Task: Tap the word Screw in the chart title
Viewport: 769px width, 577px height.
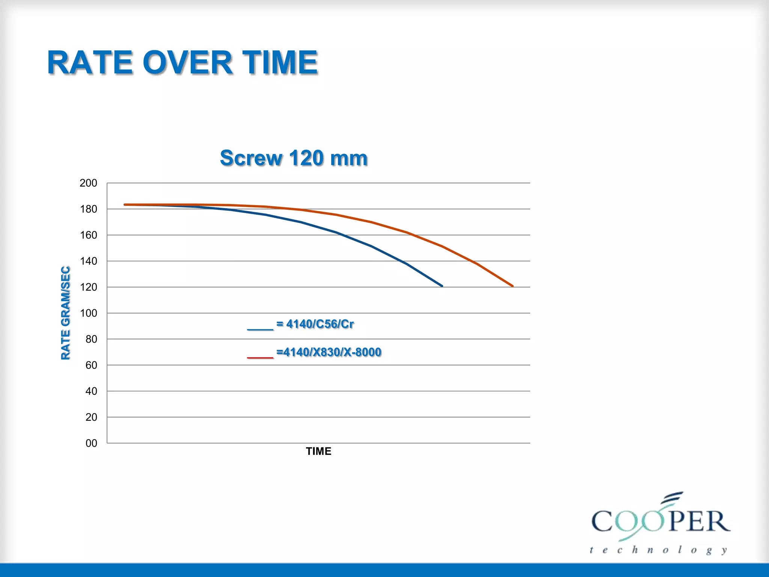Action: click(x=251, y=158)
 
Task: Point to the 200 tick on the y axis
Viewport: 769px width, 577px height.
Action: click(x=88, y=183)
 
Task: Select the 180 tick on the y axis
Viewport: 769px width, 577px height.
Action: click(x=88, y=209)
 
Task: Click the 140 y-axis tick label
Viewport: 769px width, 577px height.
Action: click(x=88, y=261)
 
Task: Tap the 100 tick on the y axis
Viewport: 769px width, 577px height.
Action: click(x=88, y=313)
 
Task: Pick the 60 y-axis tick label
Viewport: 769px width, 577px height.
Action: click(x=91, y=365)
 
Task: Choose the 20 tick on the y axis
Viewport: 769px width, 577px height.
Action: click(x=91, y=417)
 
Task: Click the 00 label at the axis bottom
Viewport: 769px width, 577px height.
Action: click(x=91, y=443)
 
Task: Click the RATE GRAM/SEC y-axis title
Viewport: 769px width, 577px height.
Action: click(x=65, y=313)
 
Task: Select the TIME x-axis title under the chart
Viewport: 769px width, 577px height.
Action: click(x=318, y=451)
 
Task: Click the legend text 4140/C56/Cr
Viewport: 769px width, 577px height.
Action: click(x=320, y=324)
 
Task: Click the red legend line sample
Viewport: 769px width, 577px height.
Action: click(x=260, y=358)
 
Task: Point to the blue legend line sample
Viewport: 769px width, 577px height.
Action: click(x=260, y=329)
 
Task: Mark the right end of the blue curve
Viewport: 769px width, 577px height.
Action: click(x=442, y=286)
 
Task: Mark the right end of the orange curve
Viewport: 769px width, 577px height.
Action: click(x=513, y=286)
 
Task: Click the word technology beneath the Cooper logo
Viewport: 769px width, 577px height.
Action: click(x=658, y=550)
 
